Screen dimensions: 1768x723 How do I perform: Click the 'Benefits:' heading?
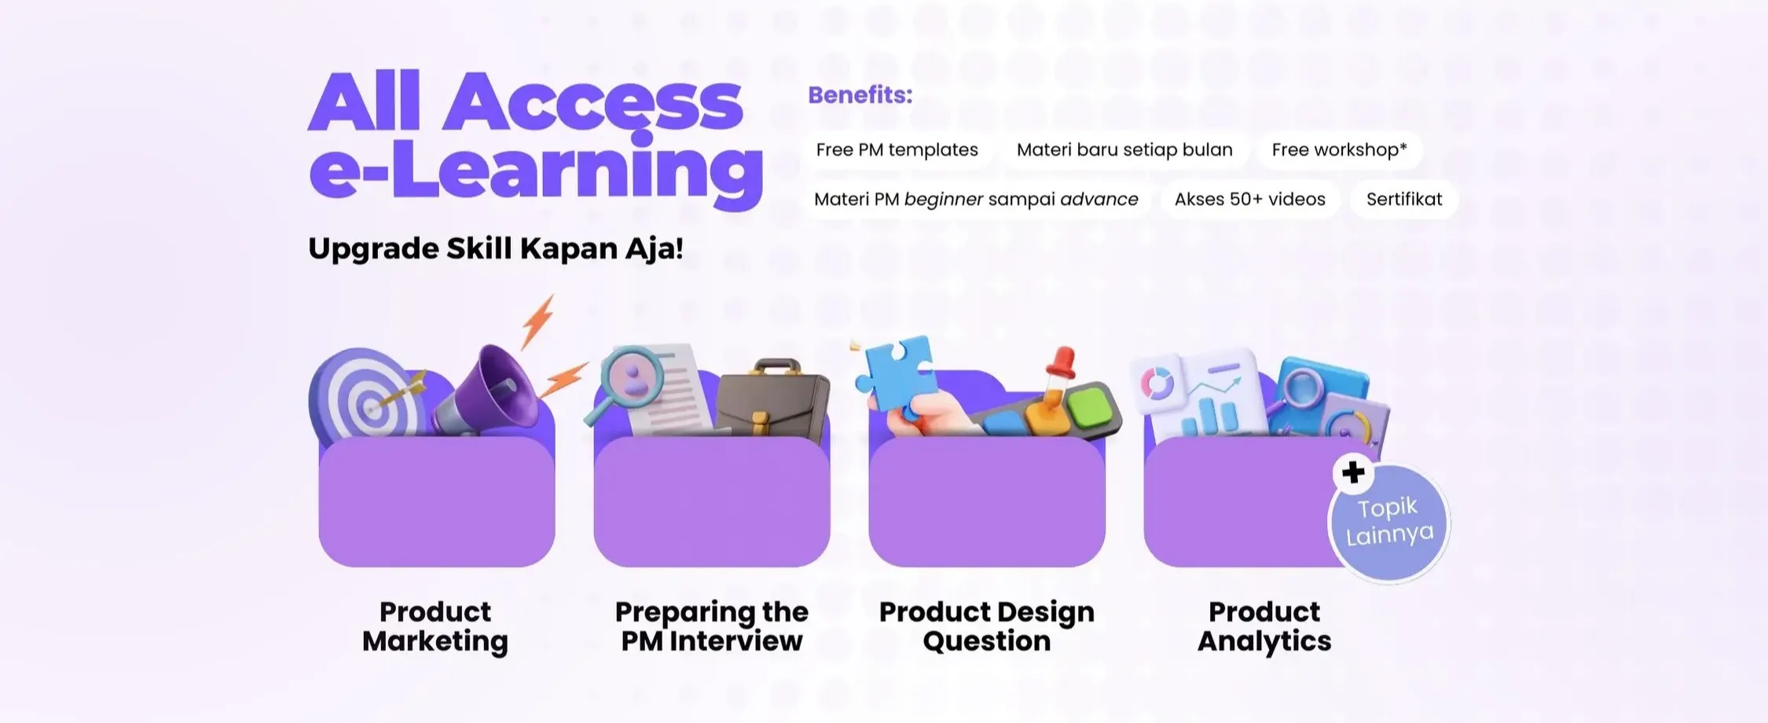pyautogui.click(x=860, y=95)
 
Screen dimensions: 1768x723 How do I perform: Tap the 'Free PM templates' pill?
pyautogui.click(x=897, y=149)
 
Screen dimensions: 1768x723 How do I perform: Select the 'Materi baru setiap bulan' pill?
pyautogui.click(x=1124, y=149)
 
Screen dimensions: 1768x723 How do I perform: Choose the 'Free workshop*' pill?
pyautogui.click(x=1339, y=149)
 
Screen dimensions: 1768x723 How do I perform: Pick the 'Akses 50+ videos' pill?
pyautogui.click(x=1249, y=199)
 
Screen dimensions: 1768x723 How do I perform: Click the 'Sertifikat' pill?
pyautogui.click(x=1404, y=199)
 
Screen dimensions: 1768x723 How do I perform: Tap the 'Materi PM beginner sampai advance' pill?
pyautogui.click(x=976, y=199)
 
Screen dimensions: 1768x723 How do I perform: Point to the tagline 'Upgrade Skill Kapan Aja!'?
pyautogui.click(x=496, y=248)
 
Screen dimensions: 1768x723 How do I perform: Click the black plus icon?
pyautogui.click(x=1353, y=472)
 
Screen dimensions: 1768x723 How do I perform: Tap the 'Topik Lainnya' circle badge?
pyautogui.click(x=1389, y=522)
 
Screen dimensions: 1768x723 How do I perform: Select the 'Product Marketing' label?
pyautogui.click(x=435, y=626)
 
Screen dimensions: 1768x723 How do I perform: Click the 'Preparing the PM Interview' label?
pyautogui.click(x=712, y=626)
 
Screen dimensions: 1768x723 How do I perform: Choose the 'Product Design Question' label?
pyautogui.click(x=987, y=626)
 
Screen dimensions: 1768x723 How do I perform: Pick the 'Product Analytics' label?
pyautogui.click(x=1264, y=626)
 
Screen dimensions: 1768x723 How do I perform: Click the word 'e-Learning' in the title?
pyautogui.click(x=536, y=171)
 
